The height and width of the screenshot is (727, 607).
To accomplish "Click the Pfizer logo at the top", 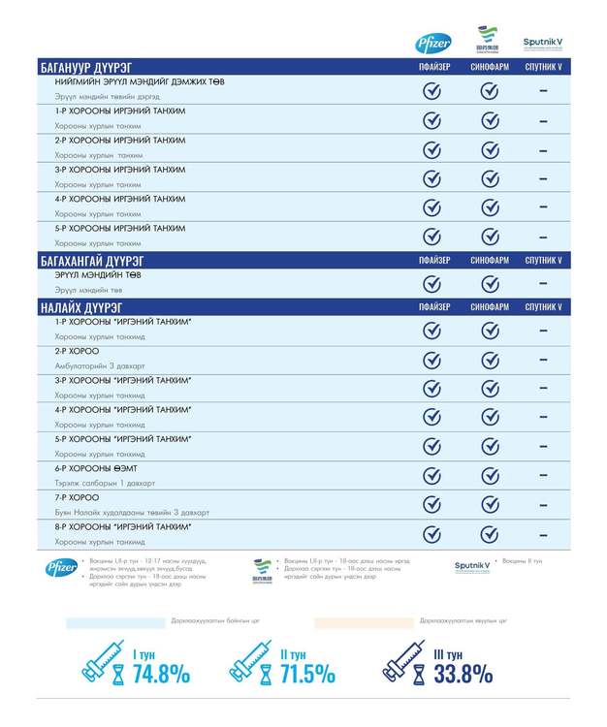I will pos(433,42).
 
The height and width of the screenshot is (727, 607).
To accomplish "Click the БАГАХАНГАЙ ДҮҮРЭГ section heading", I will pos(93,260).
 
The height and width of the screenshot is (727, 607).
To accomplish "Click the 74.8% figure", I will pos(161,673).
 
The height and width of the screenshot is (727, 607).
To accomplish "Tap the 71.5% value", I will pos(307,673).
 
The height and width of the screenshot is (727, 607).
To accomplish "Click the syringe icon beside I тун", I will pos(105,664).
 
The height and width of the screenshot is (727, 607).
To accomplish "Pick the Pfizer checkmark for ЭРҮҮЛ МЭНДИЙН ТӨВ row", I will pos(432,283).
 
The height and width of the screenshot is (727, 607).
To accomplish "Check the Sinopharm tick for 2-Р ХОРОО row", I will pos(490,360).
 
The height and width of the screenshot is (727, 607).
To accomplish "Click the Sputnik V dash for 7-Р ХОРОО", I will pos(543,504).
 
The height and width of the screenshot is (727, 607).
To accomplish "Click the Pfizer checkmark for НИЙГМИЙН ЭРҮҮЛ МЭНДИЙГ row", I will pos(432,91).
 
